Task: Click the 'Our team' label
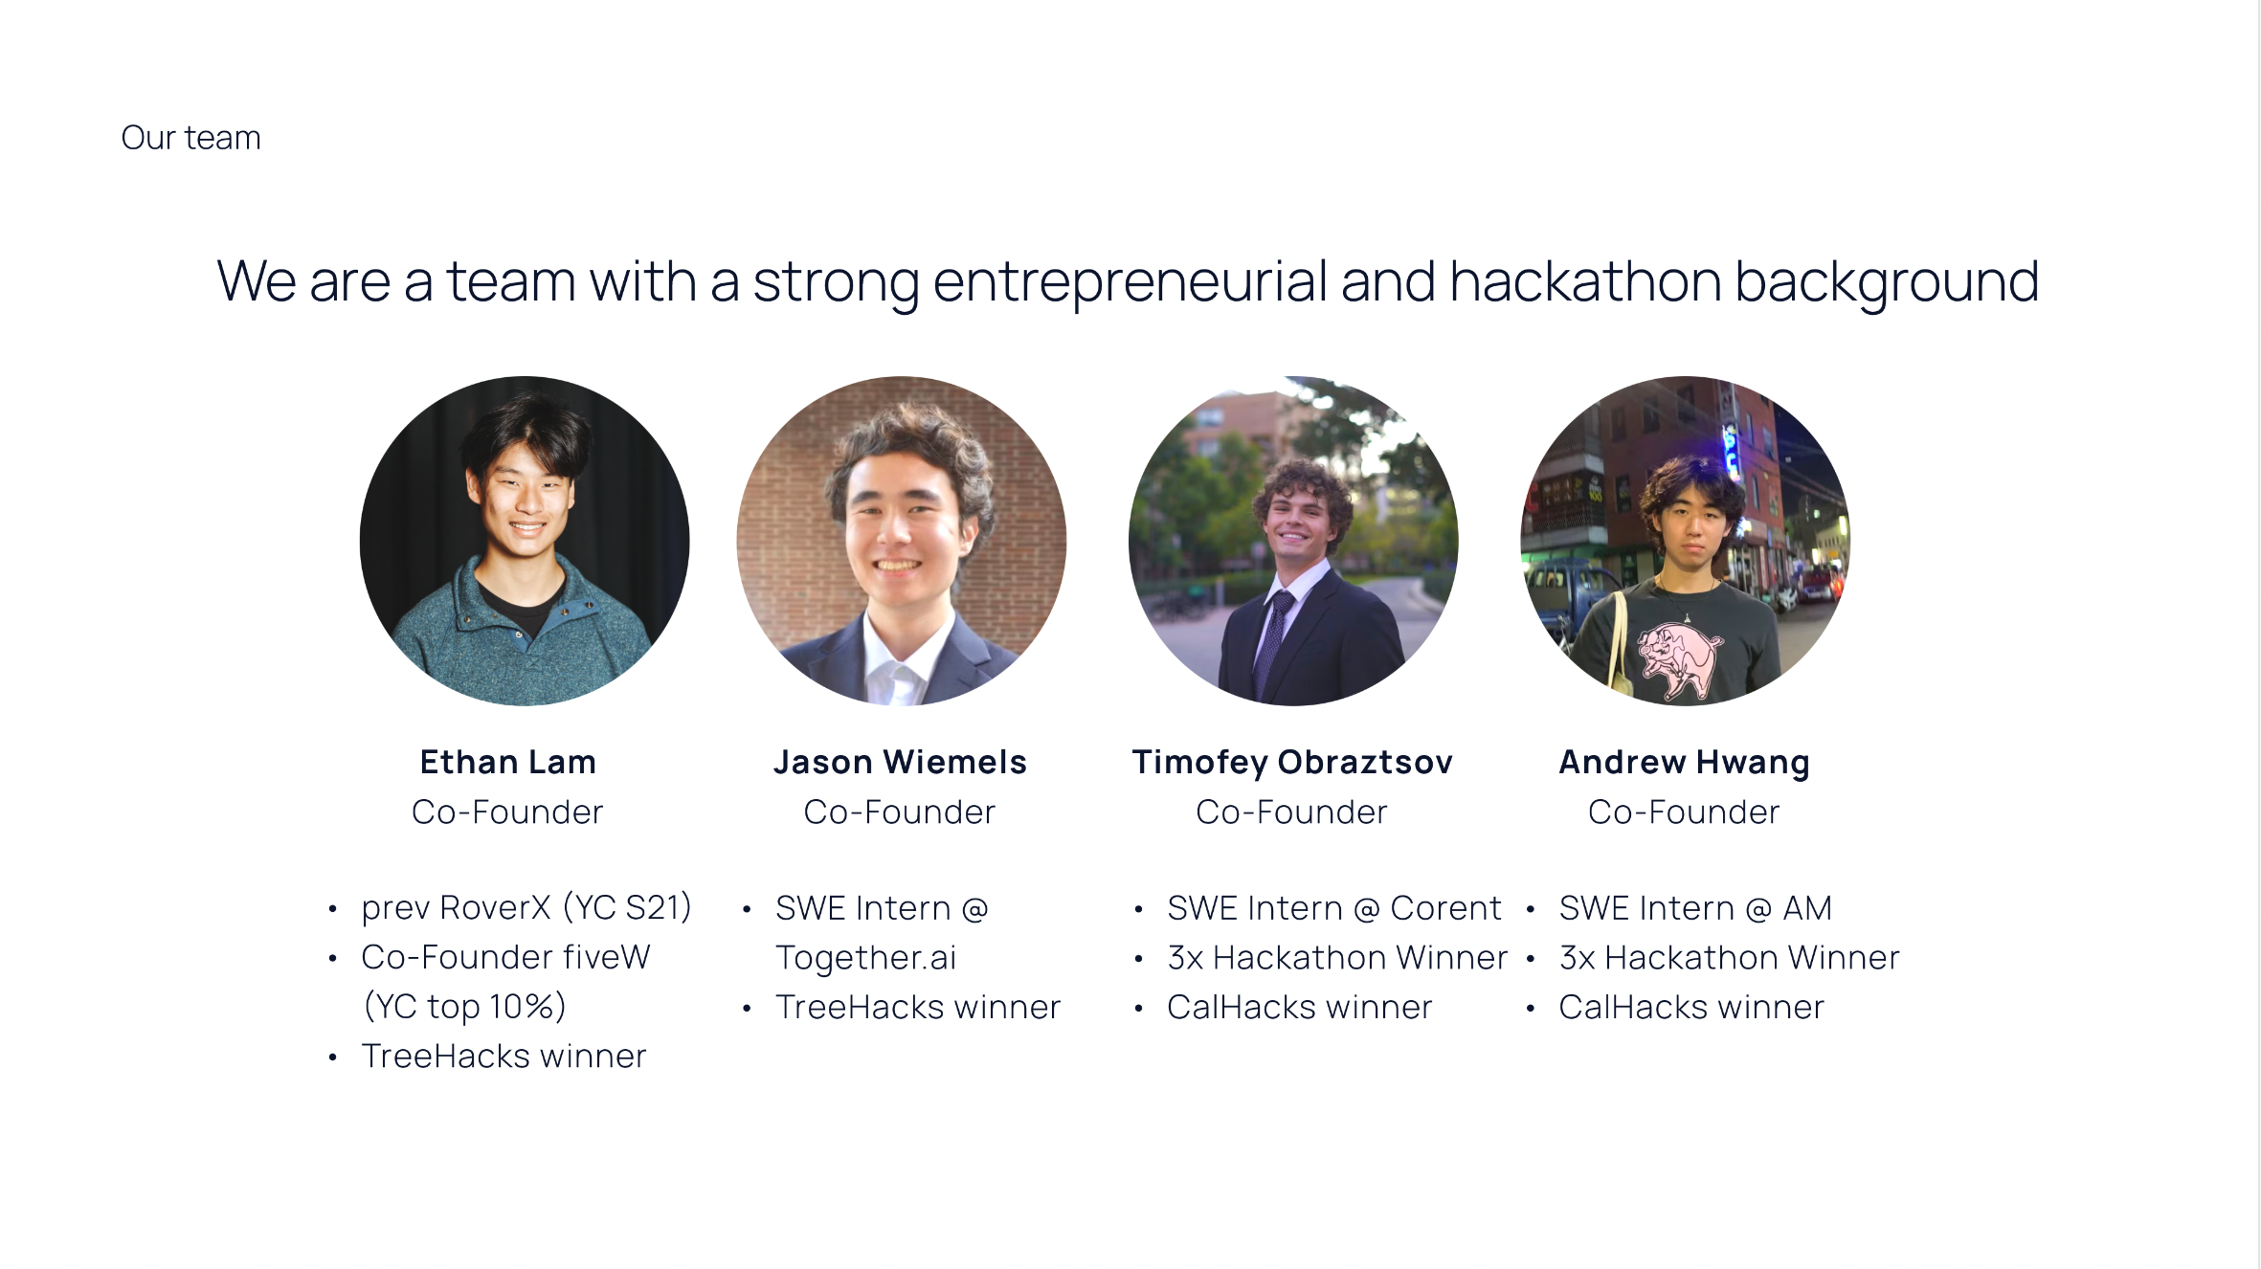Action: [190, 138]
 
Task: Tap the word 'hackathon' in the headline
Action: [1585, 281]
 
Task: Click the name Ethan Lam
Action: [507, 762]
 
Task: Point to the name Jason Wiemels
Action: [900, 762]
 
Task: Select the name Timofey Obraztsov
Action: [1292, 763]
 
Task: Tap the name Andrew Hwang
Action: [1684, 763]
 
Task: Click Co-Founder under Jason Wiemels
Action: [900, 812]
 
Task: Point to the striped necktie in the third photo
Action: [1273, 641]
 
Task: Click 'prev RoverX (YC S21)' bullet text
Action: [526, 907]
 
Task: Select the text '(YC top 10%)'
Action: [465, 1007]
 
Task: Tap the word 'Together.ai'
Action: [866, 958]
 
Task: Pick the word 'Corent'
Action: [1445, 908]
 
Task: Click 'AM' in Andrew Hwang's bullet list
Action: [1807, 908]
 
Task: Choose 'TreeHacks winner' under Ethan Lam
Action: [504, 1057]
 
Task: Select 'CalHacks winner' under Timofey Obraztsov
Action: [1299, 1007]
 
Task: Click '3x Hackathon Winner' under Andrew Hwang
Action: [1729, 958]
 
